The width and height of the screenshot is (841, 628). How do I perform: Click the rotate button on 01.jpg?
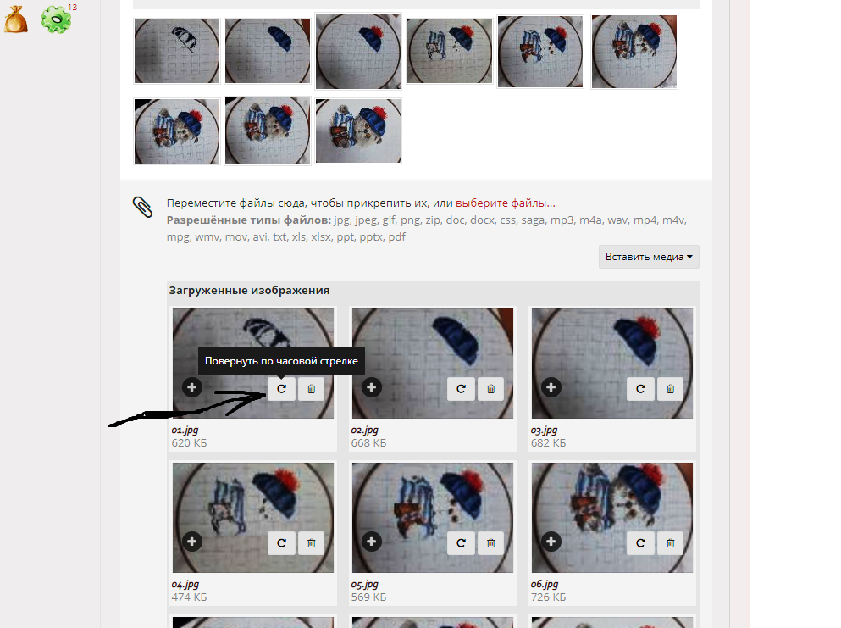pyautogui.click(x=281, y=389)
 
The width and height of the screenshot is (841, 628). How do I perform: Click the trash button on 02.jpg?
pyautogui.click(x=490, y=389)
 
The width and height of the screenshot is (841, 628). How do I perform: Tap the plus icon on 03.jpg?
pyautogui.click(x=551, y=387)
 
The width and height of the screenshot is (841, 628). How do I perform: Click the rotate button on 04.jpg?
pyautogui.click(x=281, y=542)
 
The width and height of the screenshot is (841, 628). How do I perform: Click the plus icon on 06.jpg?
pyautogui.click(x=551, y=541)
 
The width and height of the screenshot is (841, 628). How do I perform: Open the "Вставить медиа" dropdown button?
pyautogui.click(x=649, y=257)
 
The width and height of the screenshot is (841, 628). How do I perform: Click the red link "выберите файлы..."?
pyautogui.click(x=506, y=203)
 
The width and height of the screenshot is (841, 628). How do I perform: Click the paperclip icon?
pyautogui.click(x=142, y=207)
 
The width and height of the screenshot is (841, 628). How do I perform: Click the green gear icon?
pyautogui.click(x=56, y=19)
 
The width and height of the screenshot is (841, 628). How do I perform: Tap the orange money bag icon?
pyautogui.click(x=16, y=19)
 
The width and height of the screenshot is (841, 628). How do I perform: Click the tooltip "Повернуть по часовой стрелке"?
pyautogui.click(x=281, y=361)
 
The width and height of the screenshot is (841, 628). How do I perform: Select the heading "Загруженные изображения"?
pyautogui.click(x=249, y=291)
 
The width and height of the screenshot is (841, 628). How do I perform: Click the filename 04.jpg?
pyautogui.click(x=185, y=585)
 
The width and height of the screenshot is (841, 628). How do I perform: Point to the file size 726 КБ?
pyautogui.click(x=548, y=597)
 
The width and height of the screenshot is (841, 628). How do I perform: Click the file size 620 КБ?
pyautogui.click(x=189, y=442)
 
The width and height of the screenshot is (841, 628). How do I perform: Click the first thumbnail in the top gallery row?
pyautogui.click(x=177, y=52)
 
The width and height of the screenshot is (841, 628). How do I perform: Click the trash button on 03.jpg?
pyautogui.click(x=671, y=389)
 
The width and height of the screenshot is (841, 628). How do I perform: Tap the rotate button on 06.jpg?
pyautogui.click(x=640, y=542)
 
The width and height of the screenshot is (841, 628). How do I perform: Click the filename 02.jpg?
pyautogui.click(x=365, y=430)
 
